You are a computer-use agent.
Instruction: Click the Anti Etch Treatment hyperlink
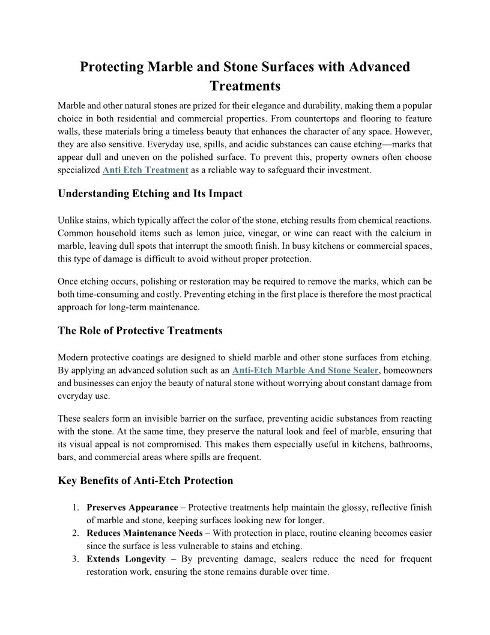coord(146,170)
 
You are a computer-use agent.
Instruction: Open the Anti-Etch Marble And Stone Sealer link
coord(305,370)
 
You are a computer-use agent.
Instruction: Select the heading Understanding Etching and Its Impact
coord(150,194)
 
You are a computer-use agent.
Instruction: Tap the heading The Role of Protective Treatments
coord(140,331)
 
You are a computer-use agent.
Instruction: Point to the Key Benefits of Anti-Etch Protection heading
coord(145,480)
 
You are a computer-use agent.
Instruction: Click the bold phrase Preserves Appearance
coord(132,508)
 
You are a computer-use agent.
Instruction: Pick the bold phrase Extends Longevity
coord(126,559)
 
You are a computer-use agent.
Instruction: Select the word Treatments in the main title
coord(245,86)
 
